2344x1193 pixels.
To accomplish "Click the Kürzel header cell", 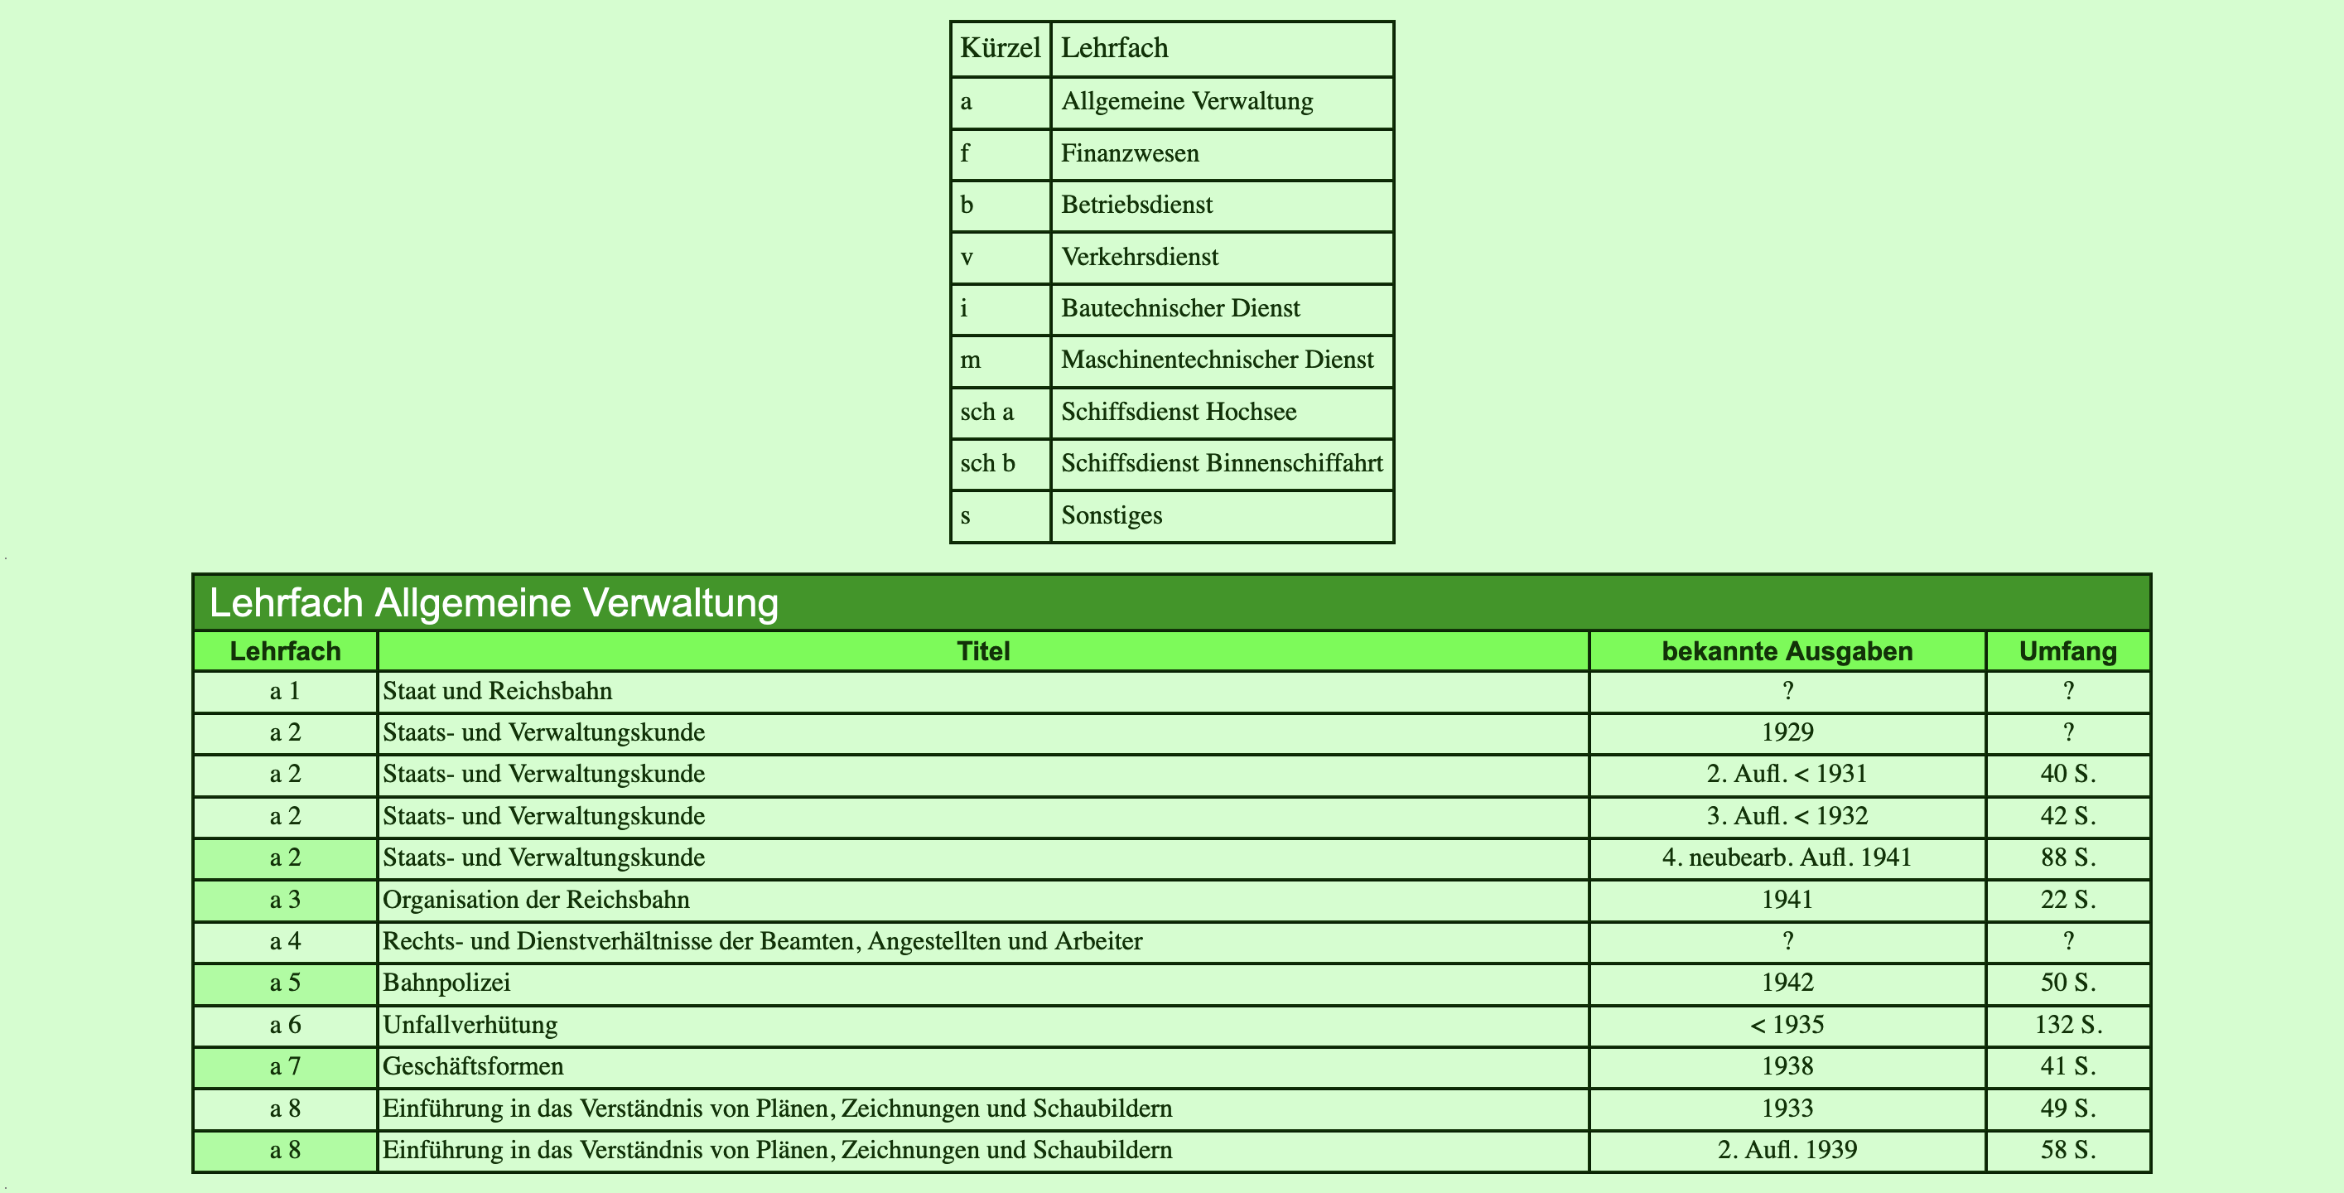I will pos(1000,48).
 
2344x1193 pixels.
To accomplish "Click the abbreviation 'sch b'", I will pos(987,463).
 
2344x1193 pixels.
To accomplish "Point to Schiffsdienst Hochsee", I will pos(1179,413).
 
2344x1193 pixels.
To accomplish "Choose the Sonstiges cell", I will pos(1111,516).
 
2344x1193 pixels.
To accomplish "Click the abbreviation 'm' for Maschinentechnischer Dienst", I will pos(971,360).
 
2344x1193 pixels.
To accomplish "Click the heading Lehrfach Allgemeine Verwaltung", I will pos(494,602).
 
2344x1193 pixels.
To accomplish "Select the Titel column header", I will pos(982,651).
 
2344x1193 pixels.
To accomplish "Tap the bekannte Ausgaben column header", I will pos(1787,651).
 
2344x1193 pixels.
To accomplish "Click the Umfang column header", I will pos(2067,651).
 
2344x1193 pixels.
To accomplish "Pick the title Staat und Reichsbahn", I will pos(498,692).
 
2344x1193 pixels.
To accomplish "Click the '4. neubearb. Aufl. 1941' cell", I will pos(1787,858).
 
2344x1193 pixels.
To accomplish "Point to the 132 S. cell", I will pos(2067,1025).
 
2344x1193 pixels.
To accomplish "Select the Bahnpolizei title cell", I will pos(446,983).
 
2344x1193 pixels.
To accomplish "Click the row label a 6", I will pos(285,1025).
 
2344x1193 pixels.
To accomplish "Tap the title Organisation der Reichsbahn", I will pos(536,900).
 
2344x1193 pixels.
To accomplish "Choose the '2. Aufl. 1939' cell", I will pos(1787,1150).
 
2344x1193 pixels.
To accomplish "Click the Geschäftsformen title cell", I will pos(473,1066).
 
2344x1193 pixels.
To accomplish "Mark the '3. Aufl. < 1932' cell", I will pos(1787,816).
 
